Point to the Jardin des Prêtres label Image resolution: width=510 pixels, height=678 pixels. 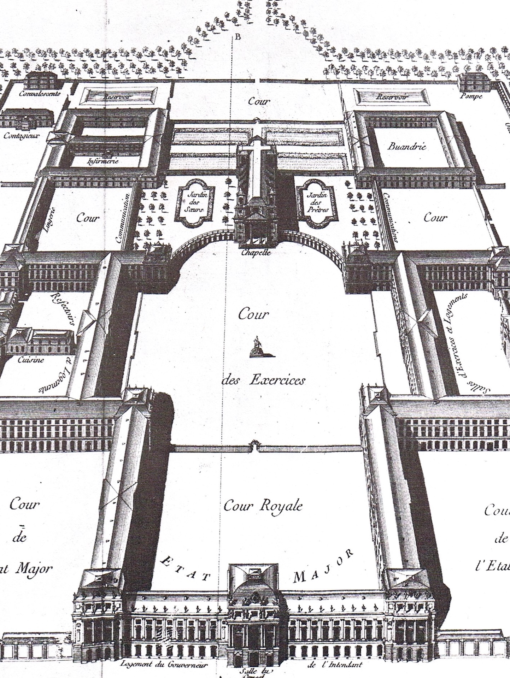click(x=317, y=202)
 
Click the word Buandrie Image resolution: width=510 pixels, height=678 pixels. click(x=406, y=146)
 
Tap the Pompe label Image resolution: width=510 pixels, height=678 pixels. click(x=471, y=96)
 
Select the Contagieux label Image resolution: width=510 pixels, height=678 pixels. click(x=21, y=135)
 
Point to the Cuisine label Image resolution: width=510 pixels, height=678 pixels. click(x=31, y=360)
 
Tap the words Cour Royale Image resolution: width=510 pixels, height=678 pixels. click(x=263, y=506)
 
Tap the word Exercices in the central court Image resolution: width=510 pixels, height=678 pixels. click(x=277, y=380)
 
